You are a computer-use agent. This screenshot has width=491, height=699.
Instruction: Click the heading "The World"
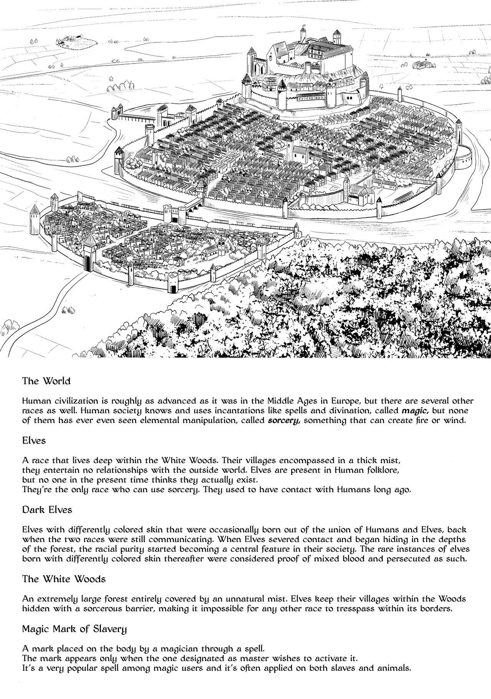pyautogui.click(x=46, y=381)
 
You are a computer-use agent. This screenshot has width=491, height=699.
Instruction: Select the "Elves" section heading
pyautogui.click(x=34, y=440)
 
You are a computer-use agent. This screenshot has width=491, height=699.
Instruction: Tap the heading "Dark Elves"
pyautogui.click(x=47, y=510)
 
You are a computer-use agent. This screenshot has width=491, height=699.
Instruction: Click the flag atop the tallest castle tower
pyautogui.click(x=305, y=26)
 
